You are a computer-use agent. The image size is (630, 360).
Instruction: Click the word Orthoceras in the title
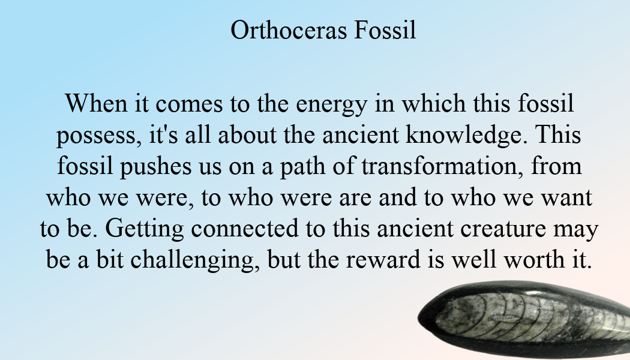click(289, 30)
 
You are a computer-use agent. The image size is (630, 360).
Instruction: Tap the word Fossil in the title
click(385, 30)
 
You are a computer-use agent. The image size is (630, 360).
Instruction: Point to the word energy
click(331, 105)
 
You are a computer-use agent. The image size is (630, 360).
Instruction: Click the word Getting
click(145, 229)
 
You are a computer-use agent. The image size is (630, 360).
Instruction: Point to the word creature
click(503, 230)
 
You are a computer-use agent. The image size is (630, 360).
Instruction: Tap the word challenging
click(194, 260)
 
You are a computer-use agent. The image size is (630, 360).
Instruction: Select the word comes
click(189, 105)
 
